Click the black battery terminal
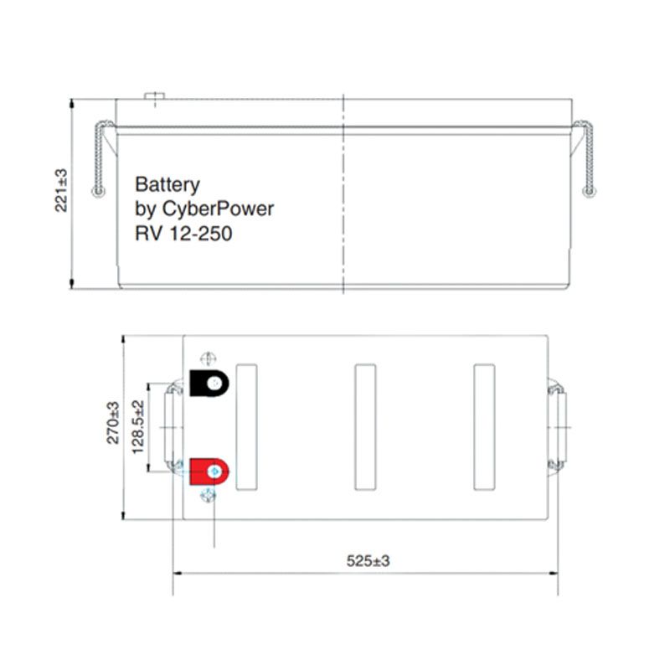[x=209, y=384]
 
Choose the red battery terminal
[x=209, y=472]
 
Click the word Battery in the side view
[x=167, y=185]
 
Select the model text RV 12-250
[x=183, y=233]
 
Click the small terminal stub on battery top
[x=155, y=96]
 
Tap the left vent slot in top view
[x=248, y=427]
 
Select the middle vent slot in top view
[x=365, y=427]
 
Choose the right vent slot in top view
[x=483, y=427]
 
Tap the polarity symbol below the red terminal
[x=209, y=497]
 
